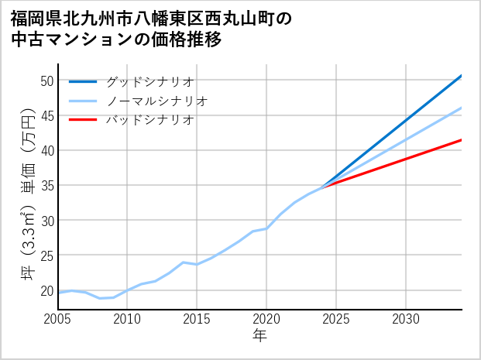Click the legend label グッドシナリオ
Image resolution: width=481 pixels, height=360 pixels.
click(149, 81)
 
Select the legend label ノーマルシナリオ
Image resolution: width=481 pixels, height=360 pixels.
click(156, 101)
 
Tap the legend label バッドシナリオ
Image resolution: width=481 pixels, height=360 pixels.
click(149, 120)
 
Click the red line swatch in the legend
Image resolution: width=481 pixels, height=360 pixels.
click(83, 120)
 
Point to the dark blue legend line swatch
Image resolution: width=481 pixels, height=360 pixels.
click(83, 81)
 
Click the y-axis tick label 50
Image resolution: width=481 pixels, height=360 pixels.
click(46, 81)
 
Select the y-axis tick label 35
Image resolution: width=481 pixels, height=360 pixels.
click(46, 186)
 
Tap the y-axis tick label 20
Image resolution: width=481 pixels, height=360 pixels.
click(46, 291)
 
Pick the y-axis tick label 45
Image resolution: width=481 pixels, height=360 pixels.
click(46, 115)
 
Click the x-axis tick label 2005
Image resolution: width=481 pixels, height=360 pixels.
click(58, 319)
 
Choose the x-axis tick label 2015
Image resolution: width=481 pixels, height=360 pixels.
click(197, 319)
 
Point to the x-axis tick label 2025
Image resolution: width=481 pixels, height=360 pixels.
click(336, 319)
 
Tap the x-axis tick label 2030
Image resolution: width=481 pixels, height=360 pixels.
click(406, 319)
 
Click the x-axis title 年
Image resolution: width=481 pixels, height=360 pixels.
click(259, 336)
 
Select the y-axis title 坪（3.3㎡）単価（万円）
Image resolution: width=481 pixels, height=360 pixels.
click(26, 194)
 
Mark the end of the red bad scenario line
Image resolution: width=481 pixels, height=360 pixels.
click(462, 140)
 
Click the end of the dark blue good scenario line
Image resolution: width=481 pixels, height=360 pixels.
click(462, 76)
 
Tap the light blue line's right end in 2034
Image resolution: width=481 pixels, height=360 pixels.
click(462, 108)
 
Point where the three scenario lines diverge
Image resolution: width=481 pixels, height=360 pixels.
click(322, 186)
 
